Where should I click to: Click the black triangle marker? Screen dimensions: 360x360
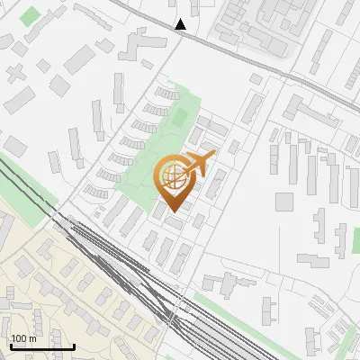point(181,24)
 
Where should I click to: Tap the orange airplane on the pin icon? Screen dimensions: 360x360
point(200,163)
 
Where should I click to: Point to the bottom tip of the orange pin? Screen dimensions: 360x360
point(174,212)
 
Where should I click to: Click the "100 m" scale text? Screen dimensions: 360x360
point(23,338)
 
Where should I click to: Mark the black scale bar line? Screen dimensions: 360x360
point(41,346)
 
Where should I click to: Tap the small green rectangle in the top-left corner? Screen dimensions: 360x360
point(31,16)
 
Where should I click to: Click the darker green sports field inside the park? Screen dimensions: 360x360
point(180,117)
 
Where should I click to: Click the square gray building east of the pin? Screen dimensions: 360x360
point(284,202)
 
